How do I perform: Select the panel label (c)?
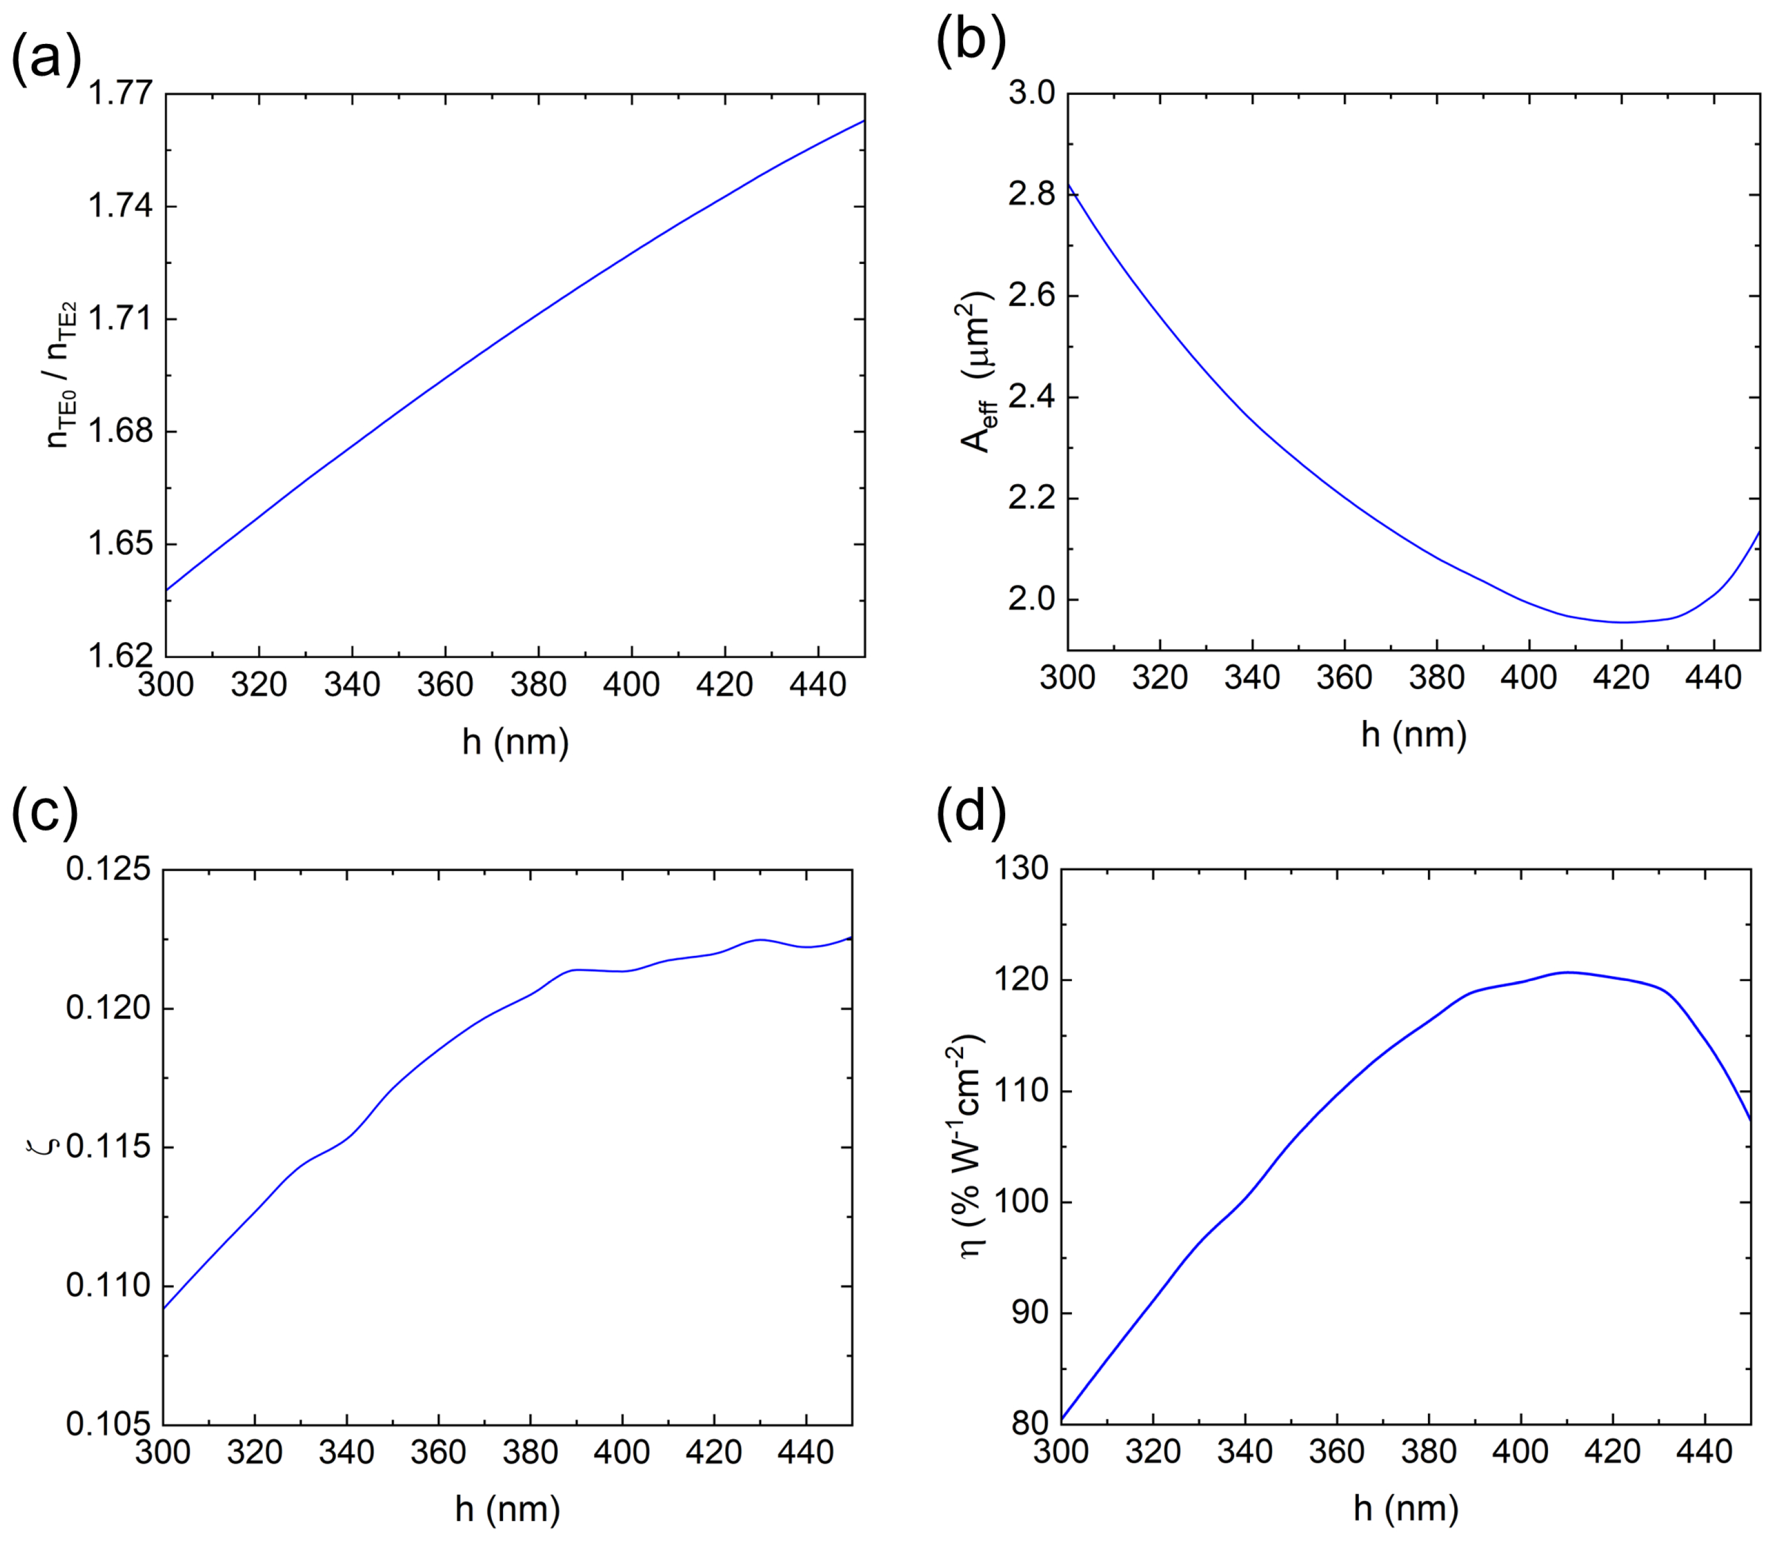point(45,815)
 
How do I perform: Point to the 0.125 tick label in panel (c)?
point(107,869)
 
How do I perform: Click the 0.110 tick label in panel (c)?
point(107,1286)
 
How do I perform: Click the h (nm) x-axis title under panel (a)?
point(515,742)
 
